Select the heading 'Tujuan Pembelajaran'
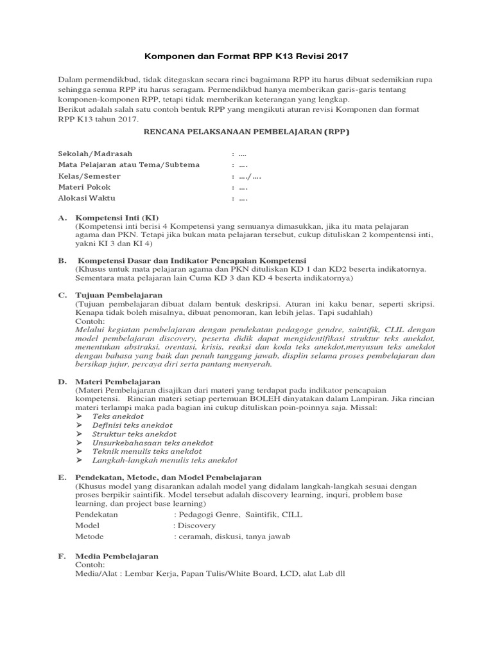coord(119,295)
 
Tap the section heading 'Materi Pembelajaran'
coord(118,382)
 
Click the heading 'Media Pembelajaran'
coord(117,556)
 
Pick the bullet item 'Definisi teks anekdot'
coord(132,425)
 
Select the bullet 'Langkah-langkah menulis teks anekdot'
coord(165,460)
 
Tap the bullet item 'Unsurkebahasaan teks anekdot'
coord(153,443)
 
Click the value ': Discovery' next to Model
coord(195,525)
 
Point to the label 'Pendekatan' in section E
coord(97,515)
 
